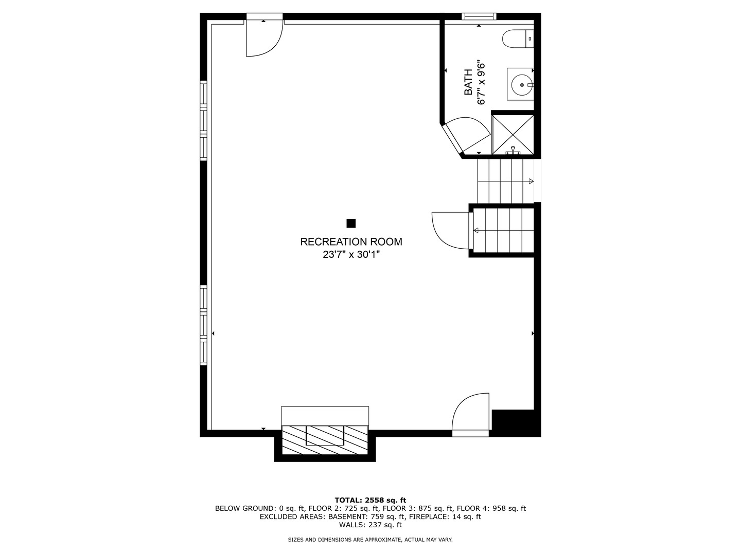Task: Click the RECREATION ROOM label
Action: [x=351, y=242]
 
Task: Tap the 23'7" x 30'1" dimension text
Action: [x=351, y=254]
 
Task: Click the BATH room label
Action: [x=468, y=82]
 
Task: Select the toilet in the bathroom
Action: [x=518, y=39]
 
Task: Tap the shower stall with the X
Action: [x=513, y=135]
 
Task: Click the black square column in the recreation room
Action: [x=351, y=223]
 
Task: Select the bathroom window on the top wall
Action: [x=479, y=16]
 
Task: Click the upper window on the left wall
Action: [x=203, y=121]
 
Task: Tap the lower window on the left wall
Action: [x=203, y=325]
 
